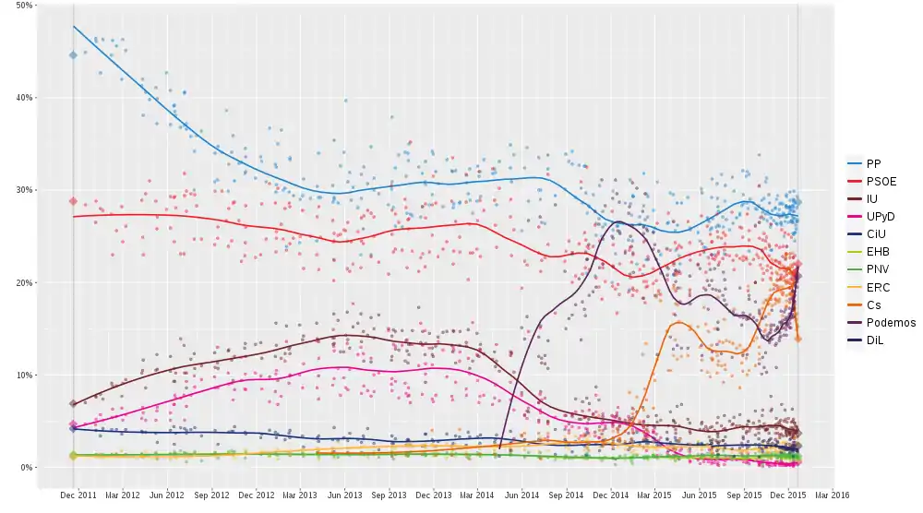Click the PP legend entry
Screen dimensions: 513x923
click(x=873, y=163)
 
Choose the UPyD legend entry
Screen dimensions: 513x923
click(x=880, y=216)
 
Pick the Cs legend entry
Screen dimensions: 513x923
click(x=873, y=305)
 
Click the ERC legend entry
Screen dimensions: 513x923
click(x=877, y=288)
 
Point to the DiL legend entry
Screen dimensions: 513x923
click(x=875, y=340)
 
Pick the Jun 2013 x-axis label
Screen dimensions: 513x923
click(x=344, y=495)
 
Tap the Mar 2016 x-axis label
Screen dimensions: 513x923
click(x=832, y=495)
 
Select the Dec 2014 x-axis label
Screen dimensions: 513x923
click(x=611, y=495)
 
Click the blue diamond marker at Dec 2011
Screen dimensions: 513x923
click(x=73, y=55)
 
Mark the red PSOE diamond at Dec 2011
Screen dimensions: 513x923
click(x=73, y=201)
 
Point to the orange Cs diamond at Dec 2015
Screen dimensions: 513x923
click(x=798, y=339)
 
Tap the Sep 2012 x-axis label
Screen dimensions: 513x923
click(x=211, y=495)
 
